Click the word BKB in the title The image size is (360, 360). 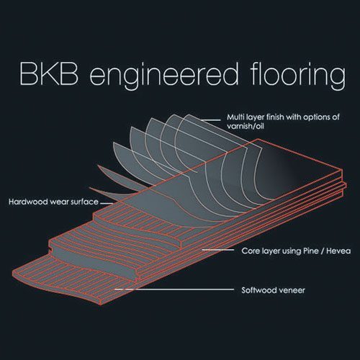[49, 73]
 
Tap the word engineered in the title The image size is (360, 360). [164, 76]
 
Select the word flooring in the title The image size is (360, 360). [297, 76]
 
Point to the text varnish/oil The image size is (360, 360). [246, 126]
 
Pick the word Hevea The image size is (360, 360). [338, 251]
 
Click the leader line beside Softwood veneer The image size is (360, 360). [174, 289]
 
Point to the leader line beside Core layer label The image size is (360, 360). [218, 250]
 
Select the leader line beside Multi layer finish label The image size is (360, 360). [211, 120]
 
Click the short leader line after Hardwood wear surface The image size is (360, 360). [107, 203]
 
